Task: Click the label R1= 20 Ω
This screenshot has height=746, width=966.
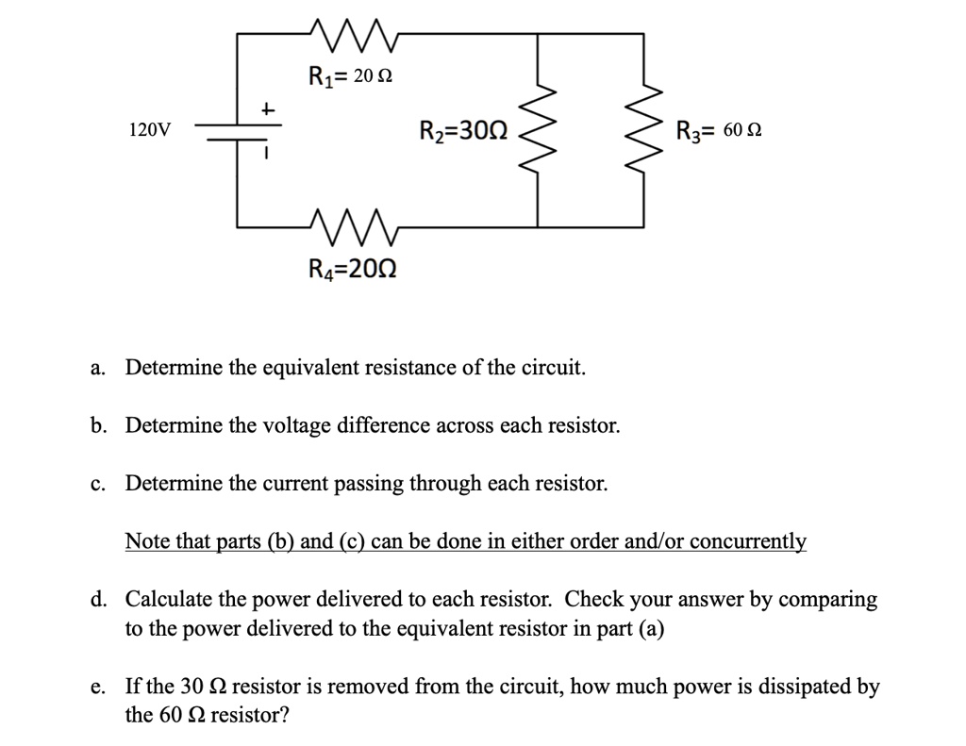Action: [350, 76]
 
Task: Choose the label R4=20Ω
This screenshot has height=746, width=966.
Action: [353, 270]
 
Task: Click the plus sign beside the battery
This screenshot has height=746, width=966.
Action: [267, 111]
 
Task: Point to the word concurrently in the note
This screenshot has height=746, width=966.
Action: [750, 541]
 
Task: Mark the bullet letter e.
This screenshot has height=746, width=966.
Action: [98, 688]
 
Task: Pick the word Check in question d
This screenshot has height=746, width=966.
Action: [593, 599]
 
